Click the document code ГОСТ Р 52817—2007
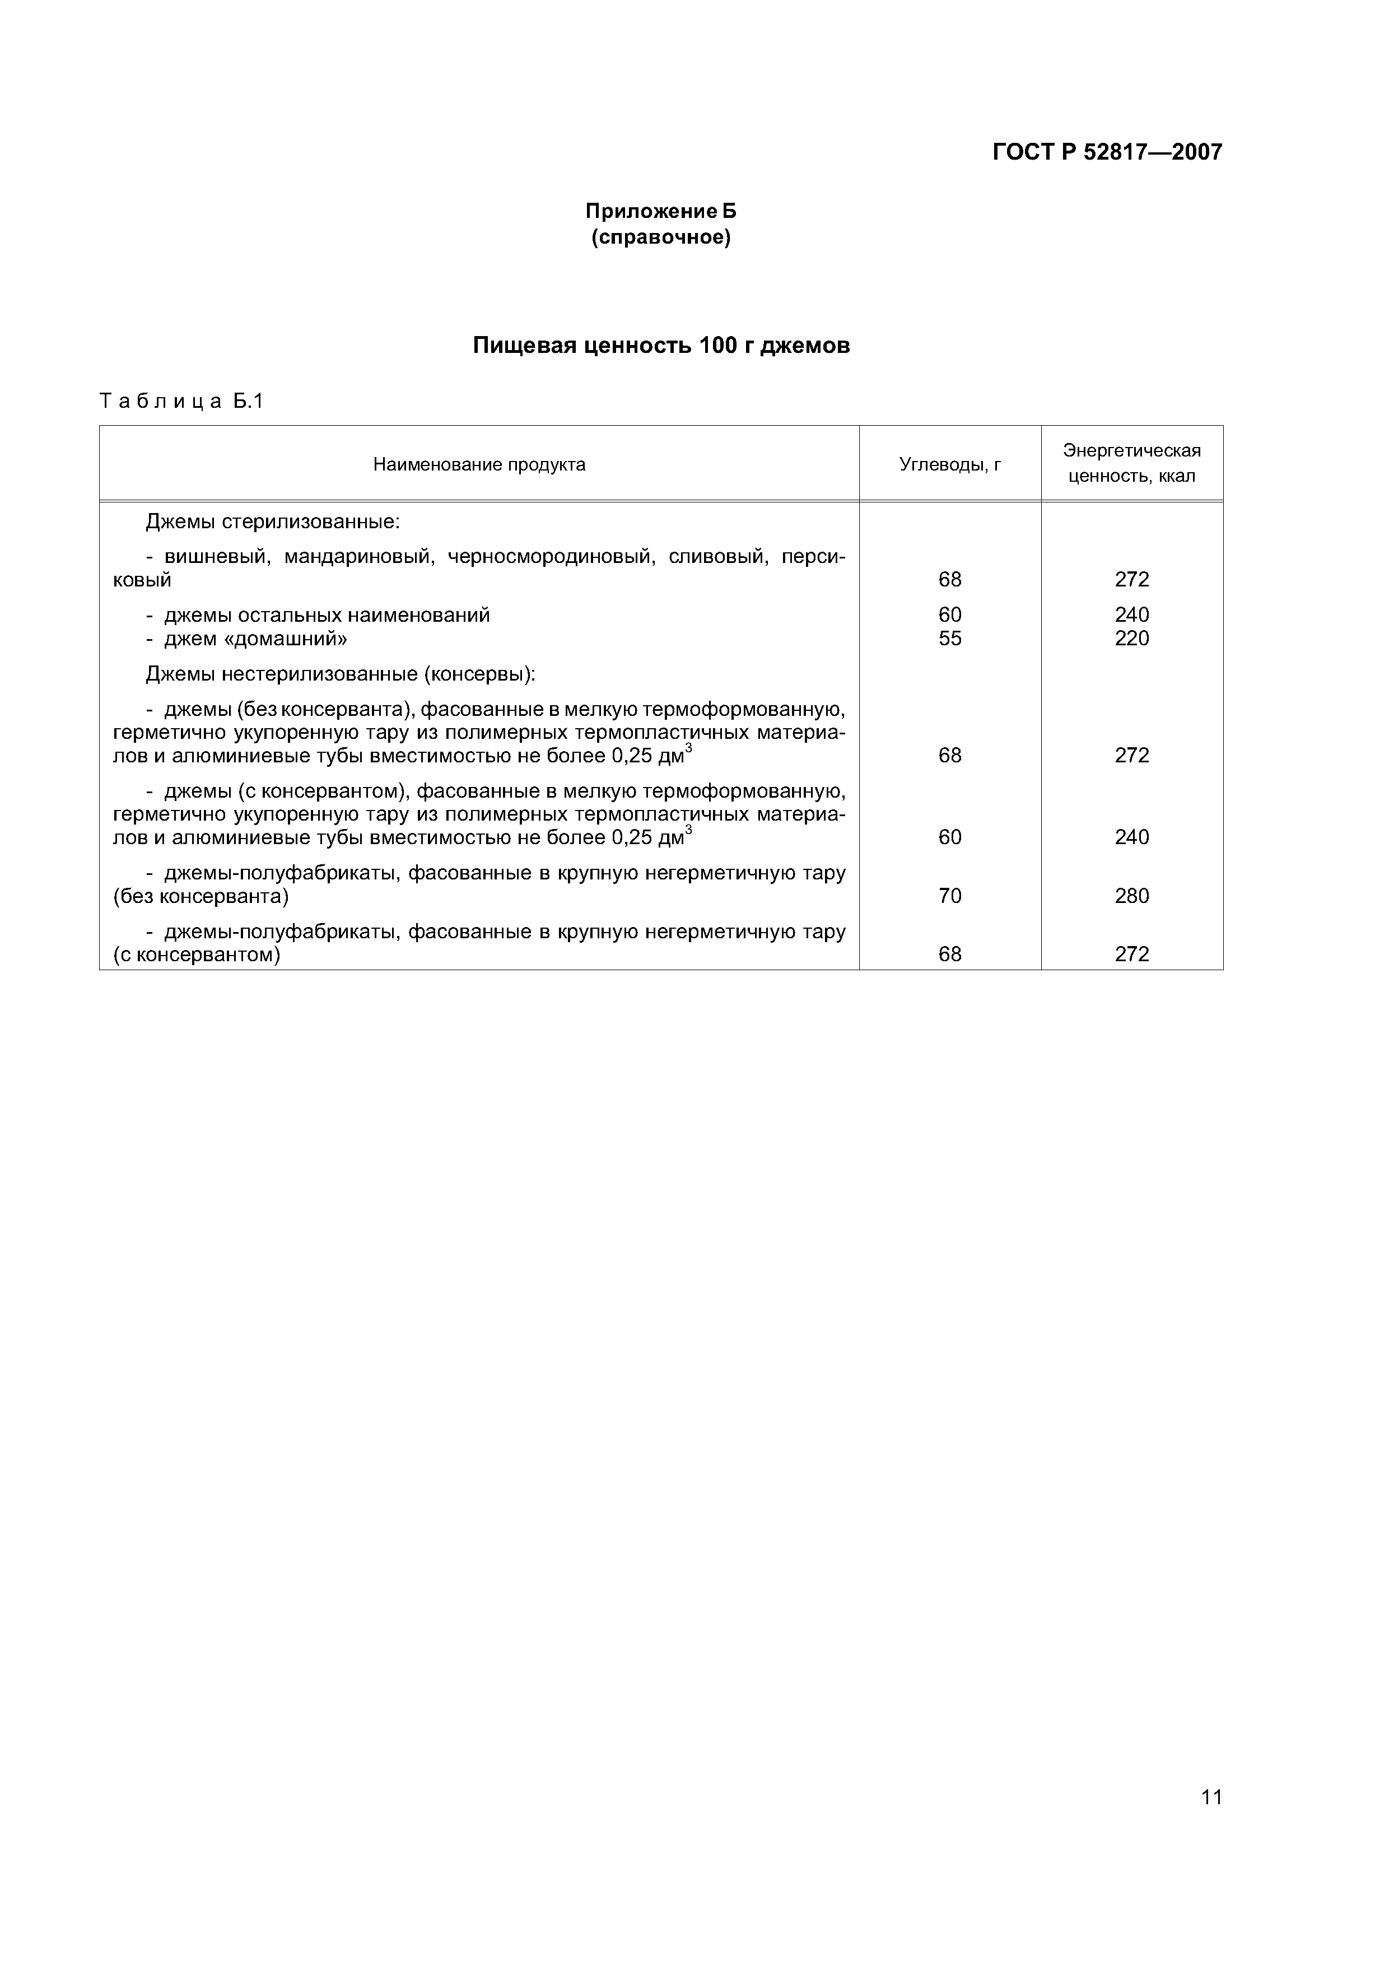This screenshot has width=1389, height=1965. [1107, 152]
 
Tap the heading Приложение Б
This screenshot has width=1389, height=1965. [661, 211]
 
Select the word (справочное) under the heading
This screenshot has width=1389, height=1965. [661, 237]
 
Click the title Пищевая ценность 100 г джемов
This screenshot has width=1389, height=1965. [661, 346]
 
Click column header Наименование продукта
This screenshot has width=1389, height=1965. [479, 465]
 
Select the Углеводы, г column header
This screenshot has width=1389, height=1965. [950, 465]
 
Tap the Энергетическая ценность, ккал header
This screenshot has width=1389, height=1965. [1131, 463]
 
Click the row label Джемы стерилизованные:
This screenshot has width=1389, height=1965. [273, 521]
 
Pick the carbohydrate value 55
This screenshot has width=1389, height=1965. [950, 639]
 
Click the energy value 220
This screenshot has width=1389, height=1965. [1131, 639]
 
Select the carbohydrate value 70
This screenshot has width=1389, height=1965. [950, 896]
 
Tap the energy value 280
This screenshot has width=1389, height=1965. [1131, 896]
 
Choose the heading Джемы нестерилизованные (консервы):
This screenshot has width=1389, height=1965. [341, 674]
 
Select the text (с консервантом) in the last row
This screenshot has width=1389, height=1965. [197, 954]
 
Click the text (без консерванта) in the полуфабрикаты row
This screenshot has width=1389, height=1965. [201, 896]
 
